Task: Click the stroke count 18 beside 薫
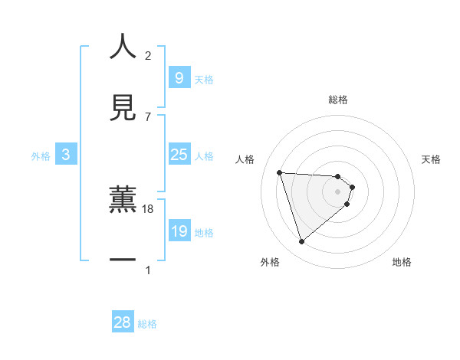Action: [x=148, y=208]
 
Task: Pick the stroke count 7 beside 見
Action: [x=148, y=116]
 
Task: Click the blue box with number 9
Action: [x=179, y=77]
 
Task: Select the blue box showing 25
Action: [x=179, y=155]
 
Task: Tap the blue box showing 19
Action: [x=179, y=231]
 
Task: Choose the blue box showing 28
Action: [x=123, y=322]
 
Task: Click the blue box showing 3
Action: [x=66, y=155]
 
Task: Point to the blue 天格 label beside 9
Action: [x=204, y=80]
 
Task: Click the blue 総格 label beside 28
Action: [x=147, y=324]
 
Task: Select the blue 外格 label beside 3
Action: [x=41, y=156]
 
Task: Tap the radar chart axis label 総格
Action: [x=338, y=100]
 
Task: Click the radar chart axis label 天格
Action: [x=432, y=159]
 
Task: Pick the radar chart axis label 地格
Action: [x=402, y=262]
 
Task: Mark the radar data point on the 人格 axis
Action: [x=280, y=172]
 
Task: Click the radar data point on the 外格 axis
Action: [x=301, y=242]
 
